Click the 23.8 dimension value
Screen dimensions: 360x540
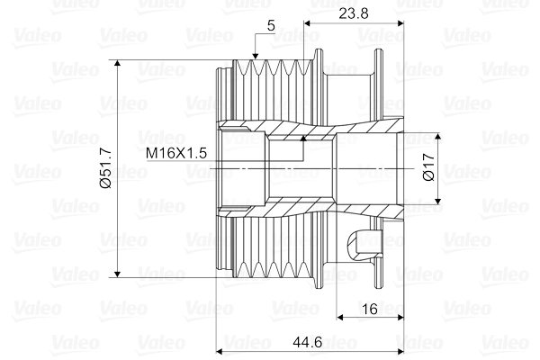352,13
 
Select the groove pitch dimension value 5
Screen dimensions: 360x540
271,25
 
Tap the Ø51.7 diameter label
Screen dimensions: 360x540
104,168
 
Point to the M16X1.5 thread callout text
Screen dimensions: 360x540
177,153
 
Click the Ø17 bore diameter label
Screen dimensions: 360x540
428,168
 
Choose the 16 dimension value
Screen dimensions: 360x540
368,309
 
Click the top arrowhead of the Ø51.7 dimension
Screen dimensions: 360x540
119,64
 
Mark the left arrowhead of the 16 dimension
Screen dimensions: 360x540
340,318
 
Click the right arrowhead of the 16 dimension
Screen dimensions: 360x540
400,318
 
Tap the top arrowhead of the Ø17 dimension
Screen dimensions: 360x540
438,136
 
